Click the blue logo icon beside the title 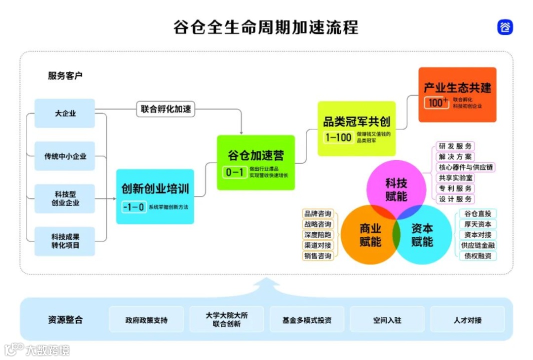(x=505, y=27)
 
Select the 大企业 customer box (x=65, y=113)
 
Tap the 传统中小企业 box (x=65, y=156)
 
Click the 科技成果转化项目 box (x=65, y=241)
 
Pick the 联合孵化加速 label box (x=165, y=109)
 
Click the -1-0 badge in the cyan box (x=133, y=206)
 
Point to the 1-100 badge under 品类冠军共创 (x=339, y=137)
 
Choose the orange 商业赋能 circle (x=369, y=235)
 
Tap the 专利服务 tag (x=455, y=188)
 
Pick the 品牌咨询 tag (x=318, y=214)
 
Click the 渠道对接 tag (x=318, y=245)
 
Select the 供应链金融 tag (x=478, y=245)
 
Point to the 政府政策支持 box (x=146, y=320)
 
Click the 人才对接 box (x=467, y=320)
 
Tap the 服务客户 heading (x=65, y=76)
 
